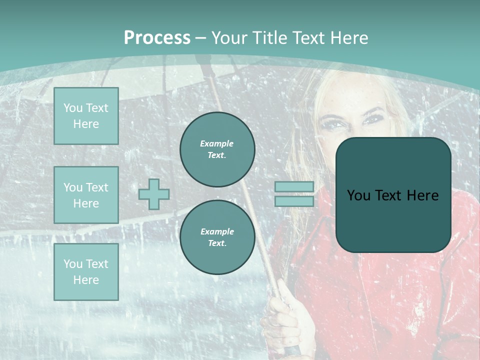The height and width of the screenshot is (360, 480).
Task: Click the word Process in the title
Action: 157,38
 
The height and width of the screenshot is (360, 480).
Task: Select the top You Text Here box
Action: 86,116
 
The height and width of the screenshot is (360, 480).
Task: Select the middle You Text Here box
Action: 86,195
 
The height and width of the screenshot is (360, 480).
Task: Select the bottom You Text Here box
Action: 86,272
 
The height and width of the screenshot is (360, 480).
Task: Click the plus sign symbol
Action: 154,194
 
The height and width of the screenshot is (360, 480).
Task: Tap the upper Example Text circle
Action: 217,149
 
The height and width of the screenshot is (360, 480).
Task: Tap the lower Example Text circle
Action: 217,237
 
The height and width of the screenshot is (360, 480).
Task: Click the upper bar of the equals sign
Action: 294,186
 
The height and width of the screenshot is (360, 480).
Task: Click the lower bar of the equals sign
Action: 294,201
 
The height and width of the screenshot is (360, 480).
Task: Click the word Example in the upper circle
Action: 216,143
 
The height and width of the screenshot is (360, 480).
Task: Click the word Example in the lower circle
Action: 217,231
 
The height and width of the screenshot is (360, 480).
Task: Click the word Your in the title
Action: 229,38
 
